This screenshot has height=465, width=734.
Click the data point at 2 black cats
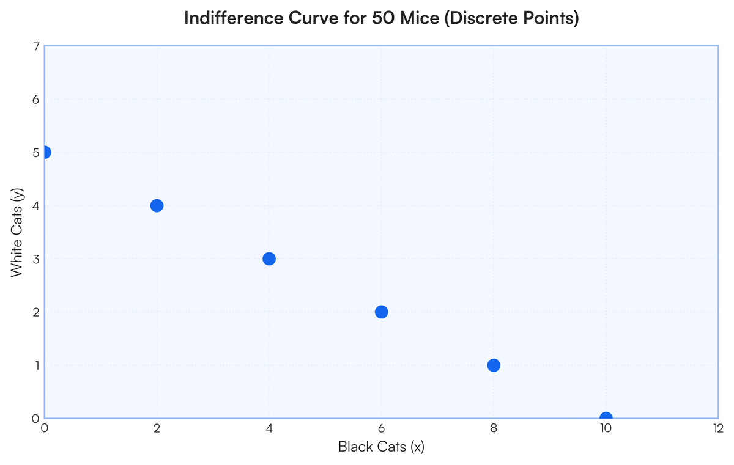[157, 205]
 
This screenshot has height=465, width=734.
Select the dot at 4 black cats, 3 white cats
[269, 259]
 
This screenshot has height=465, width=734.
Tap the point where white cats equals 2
[382, 312]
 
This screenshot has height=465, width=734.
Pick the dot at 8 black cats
[494, 365]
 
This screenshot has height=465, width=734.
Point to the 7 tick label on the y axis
[36, 46]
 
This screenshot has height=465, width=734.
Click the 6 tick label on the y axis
[35, 100]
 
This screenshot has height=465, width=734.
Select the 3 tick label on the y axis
[36, 259]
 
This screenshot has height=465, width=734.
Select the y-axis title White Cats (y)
[17, 233]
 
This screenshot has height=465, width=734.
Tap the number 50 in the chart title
[384, 18]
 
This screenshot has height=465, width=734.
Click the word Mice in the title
[420, 18]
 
